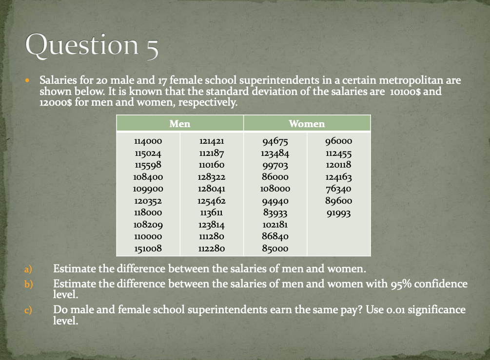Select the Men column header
click(x=179, y=124)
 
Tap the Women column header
click(x=307, y=124)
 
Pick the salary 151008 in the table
click(x=148, y=248)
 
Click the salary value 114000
click(x=148, y=142)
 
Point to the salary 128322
click(x=212, y=177)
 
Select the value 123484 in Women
click(x=275, y=153)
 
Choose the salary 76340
click(x=338, y=189)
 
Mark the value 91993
click(x=338, y=213)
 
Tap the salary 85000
click(x=275, y=248)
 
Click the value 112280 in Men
click(x=212, y=248)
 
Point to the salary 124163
click(x=338, y=177)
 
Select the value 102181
click(x=275, y=225)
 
